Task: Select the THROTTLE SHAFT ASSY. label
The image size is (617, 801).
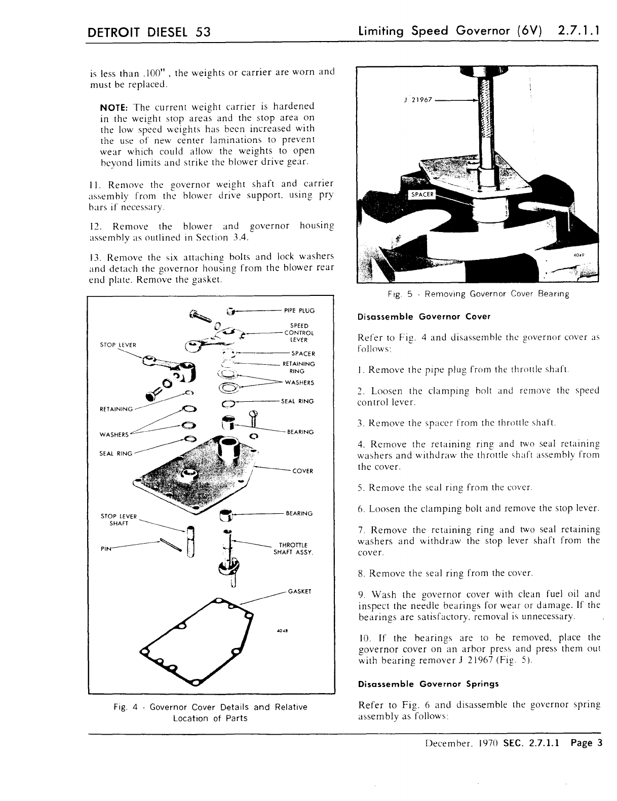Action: [x=293, y=549]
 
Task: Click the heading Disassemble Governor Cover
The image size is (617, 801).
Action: [x=424, y=317]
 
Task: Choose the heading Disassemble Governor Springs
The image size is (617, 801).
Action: [x=428, y=684]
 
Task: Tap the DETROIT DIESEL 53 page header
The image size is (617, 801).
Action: [x=149, y=32]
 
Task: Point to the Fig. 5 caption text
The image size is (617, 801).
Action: [x=478, y=294]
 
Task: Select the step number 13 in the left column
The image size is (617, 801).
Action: [x=95, y=257]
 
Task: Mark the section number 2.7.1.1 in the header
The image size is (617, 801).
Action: [x=578, y=31]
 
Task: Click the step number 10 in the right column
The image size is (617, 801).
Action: [x=363, y=637]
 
